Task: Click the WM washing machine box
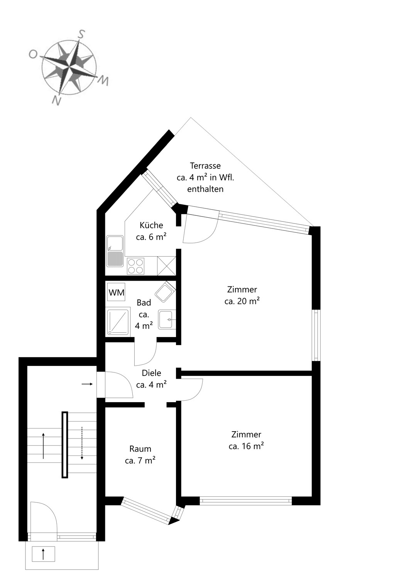coord(116,292)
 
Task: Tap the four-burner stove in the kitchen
coord(136,266)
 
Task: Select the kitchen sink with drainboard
coord(115,251)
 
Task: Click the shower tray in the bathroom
coord(118,322)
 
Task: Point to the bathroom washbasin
coord(167,320)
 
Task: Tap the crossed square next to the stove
coord(166,266)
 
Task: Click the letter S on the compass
coord(81,34)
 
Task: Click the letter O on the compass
coord(32,54)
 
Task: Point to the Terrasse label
coord(205,166)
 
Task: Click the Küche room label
coord(151,225)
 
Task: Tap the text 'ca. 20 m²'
coord(242,301)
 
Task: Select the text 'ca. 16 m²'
coord(246,446)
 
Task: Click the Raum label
coord(140,449)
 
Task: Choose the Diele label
coord(151,373)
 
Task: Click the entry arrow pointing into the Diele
coord(87,384)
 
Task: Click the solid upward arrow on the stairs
coord(43,446)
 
